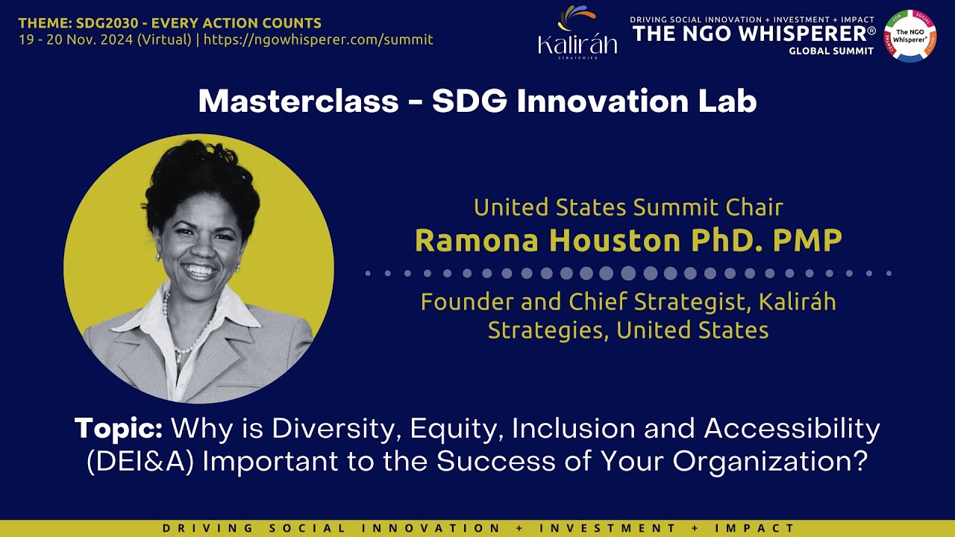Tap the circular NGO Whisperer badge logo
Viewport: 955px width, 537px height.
(x=909, y=34)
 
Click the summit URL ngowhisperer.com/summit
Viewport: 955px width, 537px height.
(x=318, y=40)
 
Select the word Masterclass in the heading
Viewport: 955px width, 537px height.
(x=298, y=101)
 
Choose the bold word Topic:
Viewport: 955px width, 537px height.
(x=119, y=429)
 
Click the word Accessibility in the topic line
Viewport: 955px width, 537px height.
(x=792, y=429)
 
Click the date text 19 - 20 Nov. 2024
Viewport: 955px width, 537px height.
(x=77, y=40)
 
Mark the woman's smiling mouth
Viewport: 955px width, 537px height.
(x=200, y=270)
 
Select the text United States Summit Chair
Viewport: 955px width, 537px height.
(x=628, y=207)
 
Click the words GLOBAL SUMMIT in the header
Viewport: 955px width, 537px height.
(x=831, y=51)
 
